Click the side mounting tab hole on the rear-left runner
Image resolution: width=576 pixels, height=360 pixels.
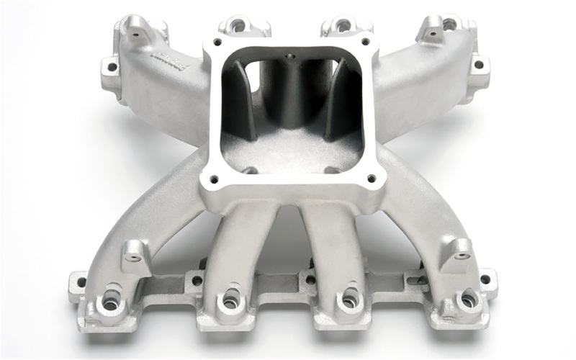[x=111, y=68]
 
